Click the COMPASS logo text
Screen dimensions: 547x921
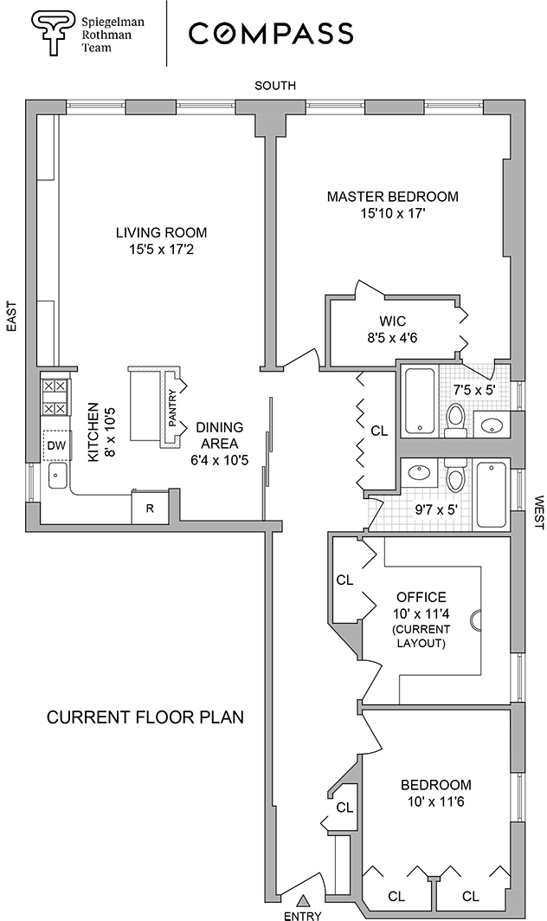pos(271,33)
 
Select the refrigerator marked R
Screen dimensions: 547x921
pos(149,509)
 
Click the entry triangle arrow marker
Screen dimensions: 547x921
pos(303,901)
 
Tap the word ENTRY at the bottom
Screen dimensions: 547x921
pos(302,915)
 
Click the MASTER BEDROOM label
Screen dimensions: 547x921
pos(392,197)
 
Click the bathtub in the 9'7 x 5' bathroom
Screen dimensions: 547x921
pos(491,494)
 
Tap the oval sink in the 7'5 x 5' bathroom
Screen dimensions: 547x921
pos(492,425)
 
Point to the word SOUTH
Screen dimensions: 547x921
pos(275,85)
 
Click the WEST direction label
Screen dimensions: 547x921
pos(538,512)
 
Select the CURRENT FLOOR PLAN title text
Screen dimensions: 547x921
pos(145,717)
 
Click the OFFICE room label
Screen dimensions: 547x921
pos(422,597)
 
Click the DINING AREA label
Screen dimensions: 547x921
pos(220,435)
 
